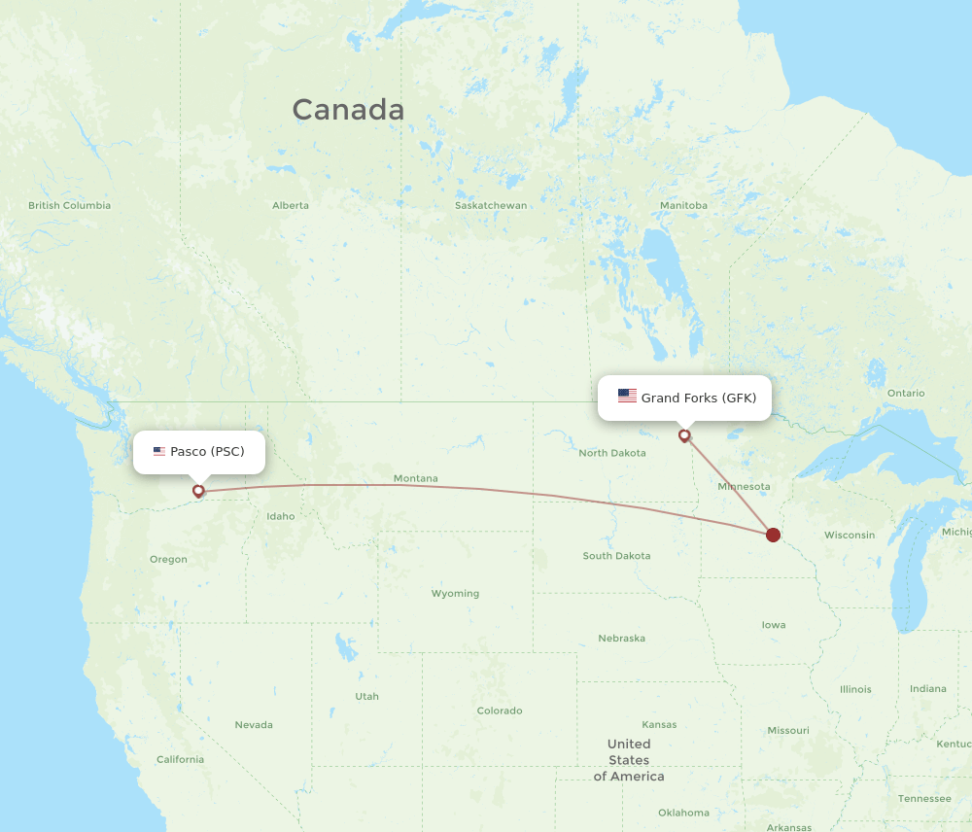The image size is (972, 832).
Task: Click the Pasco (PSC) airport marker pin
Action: click(198, 491)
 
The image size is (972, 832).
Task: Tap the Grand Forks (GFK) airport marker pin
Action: click(684, 435)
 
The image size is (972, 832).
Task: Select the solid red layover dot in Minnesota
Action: click(773, 535)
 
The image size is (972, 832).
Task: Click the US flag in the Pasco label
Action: click(159, 452)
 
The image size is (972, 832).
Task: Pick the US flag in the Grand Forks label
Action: click(627, 397)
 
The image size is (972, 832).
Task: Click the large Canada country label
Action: click(348, 110)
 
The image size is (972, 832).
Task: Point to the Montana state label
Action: click(415, 478)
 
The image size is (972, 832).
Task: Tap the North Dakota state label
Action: click(611, 453)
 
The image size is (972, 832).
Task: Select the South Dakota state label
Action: click(616, 556)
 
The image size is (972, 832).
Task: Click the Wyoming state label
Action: click(455, 593)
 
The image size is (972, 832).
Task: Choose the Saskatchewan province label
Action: click(491, 205)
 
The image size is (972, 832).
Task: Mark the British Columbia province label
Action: click(69, 205)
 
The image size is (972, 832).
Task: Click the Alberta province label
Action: click(291, 205)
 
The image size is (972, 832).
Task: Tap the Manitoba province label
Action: click(683, 205)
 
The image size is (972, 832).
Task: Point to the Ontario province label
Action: click(906, 393)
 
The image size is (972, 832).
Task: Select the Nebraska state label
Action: click(621, 639)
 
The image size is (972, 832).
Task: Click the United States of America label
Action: click(629, 760)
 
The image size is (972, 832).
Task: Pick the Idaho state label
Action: click(281, 516)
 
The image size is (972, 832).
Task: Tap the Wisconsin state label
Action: click(850, 535)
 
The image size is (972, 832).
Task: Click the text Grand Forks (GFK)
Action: click(698, 398)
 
